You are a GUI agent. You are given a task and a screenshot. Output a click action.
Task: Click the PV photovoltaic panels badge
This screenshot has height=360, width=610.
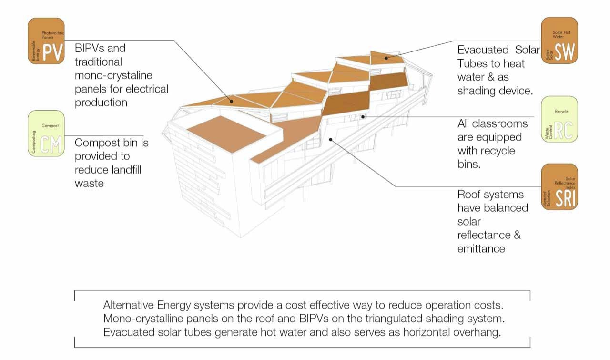click(x=46, y=41)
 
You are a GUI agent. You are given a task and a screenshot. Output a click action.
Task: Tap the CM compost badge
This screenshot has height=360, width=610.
click(x=46, y=134)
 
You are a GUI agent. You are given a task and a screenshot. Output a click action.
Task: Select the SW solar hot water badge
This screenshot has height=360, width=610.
click(x=559, y=41)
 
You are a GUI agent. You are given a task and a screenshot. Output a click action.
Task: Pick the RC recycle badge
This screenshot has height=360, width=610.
click(x=559, y=119)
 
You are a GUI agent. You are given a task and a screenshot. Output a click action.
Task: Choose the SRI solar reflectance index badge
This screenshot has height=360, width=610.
click(x=559, y=187)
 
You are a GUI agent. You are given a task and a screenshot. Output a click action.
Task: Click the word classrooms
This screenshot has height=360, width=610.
click(x=500, y=124)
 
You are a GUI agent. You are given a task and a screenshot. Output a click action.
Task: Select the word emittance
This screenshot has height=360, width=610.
click(x=481, y=248)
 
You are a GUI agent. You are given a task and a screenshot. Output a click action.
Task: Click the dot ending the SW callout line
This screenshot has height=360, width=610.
click(x=387, y=58)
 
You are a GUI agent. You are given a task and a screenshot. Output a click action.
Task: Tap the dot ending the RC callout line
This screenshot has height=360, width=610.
click(x=363, y=116)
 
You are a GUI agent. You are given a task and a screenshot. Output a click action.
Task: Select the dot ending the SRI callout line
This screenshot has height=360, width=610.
click(x=331, y=139)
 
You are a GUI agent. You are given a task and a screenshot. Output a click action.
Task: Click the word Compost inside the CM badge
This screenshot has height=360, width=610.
click(x=50, y=126)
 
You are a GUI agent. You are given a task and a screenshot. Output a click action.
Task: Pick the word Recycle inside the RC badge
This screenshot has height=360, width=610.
click(x=561, y=112)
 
